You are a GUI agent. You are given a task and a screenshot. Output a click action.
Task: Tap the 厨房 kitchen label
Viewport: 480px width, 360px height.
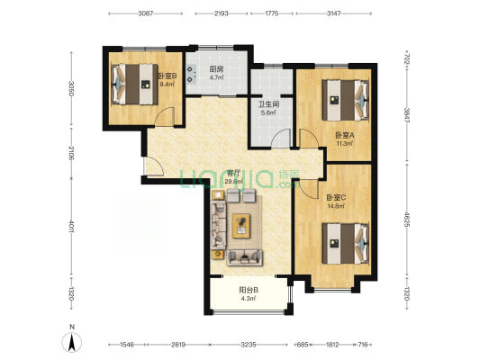click(216, 69)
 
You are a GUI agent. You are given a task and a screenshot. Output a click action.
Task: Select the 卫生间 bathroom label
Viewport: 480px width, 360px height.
click(268, 104)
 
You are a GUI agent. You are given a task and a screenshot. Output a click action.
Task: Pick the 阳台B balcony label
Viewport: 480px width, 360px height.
click(249, 290)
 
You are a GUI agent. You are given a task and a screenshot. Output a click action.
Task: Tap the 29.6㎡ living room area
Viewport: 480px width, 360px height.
click(232, 182)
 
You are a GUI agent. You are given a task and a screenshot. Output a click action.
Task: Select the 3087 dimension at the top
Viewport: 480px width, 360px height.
click(145, 13)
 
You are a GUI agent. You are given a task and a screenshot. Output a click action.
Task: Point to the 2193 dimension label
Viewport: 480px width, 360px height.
click(221, 13)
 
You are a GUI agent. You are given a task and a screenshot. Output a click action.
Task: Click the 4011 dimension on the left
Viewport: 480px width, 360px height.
click(71, 226)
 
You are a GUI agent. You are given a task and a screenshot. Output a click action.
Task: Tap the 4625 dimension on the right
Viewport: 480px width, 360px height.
click(407, 220)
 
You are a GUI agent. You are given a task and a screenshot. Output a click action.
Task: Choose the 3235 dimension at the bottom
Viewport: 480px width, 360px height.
click(249, 345)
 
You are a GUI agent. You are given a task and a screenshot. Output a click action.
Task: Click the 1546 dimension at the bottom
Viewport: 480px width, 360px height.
click(127, 345)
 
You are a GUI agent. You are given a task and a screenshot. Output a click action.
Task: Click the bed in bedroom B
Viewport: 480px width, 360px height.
click(134, 84)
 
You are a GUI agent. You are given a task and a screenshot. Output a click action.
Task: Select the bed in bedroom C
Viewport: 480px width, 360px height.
click(345, 244)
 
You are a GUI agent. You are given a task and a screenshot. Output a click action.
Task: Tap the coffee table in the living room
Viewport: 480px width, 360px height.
click(241, 226)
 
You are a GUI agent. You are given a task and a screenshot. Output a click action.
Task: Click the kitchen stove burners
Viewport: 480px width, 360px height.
click(192, 75)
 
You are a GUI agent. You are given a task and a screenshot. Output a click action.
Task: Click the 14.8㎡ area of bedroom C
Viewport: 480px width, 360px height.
click(336, 206)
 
